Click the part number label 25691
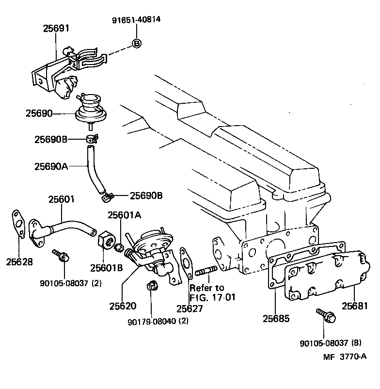(x=56, y=29)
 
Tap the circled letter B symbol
(x=137, y=44)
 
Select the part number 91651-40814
(x=137, y=20)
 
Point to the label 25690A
(x=50, y=166)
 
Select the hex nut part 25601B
(x=105, y=240)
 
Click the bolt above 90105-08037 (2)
(x=61, y=256)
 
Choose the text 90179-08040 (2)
(x=158, y=321)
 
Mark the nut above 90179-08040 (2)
(x=151, y=286)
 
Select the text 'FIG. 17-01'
(x=212, y=297)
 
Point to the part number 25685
(x=276, y=319)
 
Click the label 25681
(x=355, y=306)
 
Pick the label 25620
(x=123, y=306)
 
